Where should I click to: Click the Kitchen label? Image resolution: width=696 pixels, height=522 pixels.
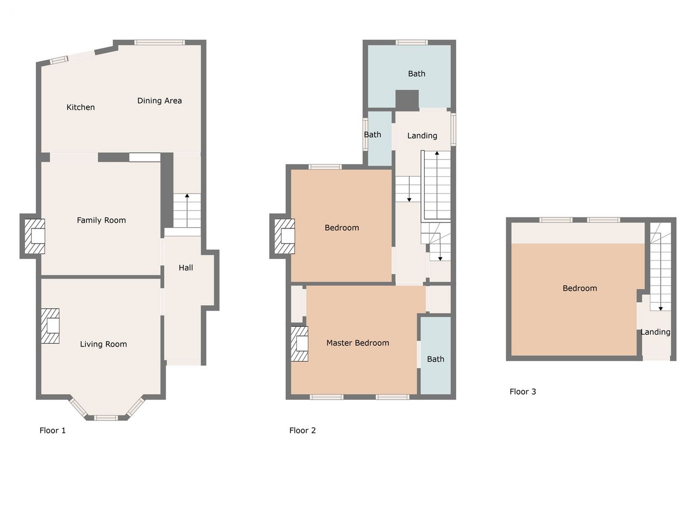pyautogui.click(x=80, y=107)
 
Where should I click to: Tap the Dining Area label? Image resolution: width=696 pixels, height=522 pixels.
pyautogui.click(x=159, y=101)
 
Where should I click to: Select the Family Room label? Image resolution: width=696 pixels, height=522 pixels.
pyautogui.click(x=102, y=220)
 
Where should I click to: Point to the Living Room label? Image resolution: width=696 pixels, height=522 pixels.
pyautogui.click(x=103, y=344)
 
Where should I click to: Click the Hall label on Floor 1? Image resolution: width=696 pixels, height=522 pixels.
pyautogui.click(x=186, y=268)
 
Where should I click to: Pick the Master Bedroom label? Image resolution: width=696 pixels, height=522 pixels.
pyautogui.click(x=358, y=343)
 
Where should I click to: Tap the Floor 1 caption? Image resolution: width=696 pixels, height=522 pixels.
pyautogui.click(x=53, y=431)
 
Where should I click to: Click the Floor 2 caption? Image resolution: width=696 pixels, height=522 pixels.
pyautogui.click(x=302, y=431)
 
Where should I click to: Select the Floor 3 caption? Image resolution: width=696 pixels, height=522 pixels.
pyautogui.click(x=523, y=391)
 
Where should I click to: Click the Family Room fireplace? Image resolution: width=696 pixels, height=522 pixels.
pyautogui.click(x=35, y=237)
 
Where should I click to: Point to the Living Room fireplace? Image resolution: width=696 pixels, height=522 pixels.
pyautogui.click(x=50, y=326)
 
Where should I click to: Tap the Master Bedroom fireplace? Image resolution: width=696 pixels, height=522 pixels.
pyautogui.click(x=299, y=344)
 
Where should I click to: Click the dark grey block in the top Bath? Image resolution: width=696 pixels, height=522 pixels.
pyautogui.click(x=407, y=101)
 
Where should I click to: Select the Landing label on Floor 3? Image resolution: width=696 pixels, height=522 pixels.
pyautogui.click(x=655, y=332)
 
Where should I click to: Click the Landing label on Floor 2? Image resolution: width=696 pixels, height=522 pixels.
pyautogui.click(x=422, y=135)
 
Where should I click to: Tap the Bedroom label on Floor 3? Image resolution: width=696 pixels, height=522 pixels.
pyautogui.click(x=580, y=288)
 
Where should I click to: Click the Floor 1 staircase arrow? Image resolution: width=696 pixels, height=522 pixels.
pyautogui.click(x=187, y=210)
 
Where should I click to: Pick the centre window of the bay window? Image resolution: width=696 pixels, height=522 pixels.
pyautogui.click(x=106, y=418)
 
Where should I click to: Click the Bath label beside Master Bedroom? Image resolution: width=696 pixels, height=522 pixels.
pyautogui.click(x=436, y=359)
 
